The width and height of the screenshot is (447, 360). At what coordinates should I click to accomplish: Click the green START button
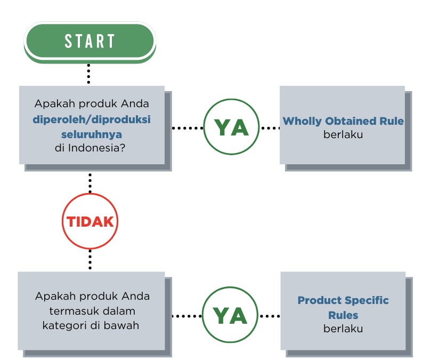click(90, 41)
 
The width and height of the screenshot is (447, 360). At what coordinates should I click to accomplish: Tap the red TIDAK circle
click(90, 221)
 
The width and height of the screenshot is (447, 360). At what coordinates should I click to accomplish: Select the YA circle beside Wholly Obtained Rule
click(231, 127)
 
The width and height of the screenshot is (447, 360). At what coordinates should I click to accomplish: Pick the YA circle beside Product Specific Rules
click(230, 316)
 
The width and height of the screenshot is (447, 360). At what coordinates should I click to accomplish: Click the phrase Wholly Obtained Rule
click(343, 121)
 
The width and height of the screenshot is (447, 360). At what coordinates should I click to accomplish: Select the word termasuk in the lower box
click(70, 310)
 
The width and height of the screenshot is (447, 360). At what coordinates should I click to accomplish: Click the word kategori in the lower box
click(63, 325)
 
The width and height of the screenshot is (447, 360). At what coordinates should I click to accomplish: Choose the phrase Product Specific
click(343, 300)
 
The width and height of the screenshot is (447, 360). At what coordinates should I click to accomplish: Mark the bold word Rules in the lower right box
click(343, 315)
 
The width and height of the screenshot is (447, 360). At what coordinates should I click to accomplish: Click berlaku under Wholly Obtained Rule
click(343, 134)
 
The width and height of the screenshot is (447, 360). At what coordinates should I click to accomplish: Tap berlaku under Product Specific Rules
click(343, 329)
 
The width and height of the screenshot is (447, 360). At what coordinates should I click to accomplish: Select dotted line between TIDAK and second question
click(90, 259)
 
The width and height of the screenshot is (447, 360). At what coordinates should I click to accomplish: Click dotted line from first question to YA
click(188, 128)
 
